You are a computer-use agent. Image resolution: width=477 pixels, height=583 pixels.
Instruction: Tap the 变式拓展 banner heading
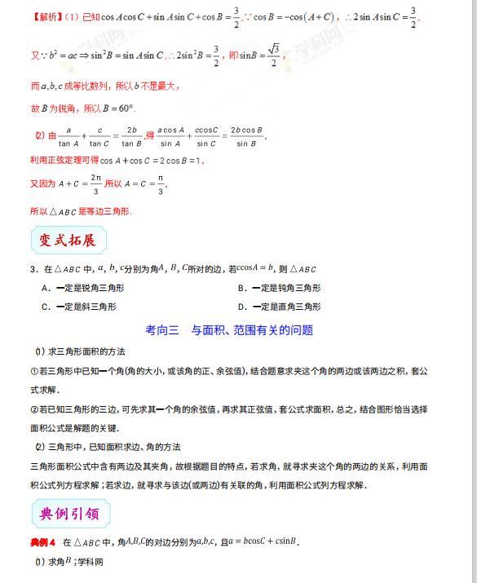coord(68,240)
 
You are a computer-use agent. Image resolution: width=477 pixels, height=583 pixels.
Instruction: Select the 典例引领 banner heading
coord(68,514)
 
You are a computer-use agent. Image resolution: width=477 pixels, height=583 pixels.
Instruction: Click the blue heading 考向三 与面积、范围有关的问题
coord(229,330)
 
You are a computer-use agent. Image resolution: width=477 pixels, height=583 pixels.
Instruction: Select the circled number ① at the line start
coord(33,371)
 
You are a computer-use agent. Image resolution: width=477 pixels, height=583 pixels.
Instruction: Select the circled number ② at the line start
coord(33,409)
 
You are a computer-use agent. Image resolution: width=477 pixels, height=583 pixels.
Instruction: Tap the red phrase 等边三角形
coord(105,211)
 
